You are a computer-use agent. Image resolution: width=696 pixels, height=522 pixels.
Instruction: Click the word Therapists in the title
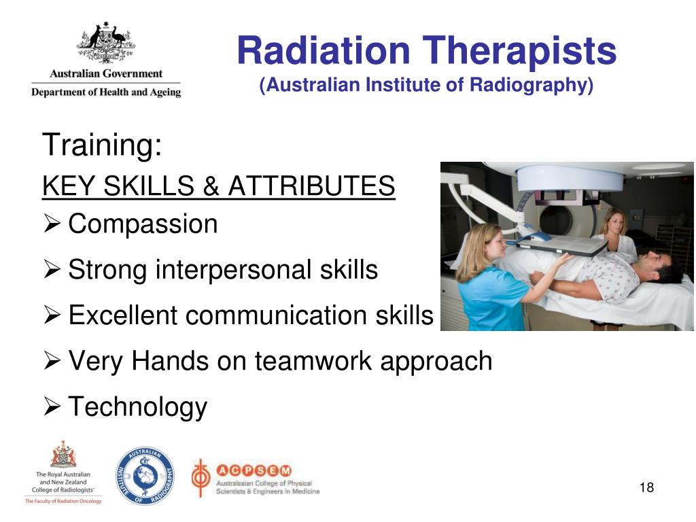point(519,51)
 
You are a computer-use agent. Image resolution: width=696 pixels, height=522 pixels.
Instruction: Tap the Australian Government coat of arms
point(105,43)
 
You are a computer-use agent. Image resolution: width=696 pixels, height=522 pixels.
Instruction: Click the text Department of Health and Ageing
point(105,92)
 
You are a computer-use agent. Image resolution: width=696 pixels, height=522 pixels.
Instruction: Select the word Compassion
point(143,224)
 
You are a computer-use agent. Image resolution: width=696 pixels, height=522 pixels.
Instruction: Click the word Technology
point(138,406)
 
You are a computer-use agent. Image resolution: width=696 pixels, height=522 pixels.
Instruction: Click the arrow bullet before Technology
point(53,408)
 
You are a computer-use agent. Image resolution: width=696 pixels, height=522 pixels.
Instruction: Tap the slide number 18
point(646,487)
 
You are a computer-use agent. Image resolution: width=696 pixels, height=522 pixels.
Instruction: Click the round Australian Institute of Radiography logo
point(144,476)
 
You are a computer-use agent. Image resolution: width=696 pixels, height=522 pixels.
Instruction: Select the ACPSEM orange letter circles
point(254,470)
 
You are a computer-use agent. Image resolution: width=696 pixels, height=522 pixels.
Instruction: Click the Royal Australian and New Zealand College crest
point(63,454)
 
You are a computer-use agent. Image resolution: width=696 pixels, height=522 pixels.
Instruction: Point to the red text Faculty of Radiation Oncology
point(63,502)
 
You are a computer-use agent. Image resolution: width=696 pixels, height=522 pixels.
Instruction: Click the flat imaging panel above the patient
point(561,245)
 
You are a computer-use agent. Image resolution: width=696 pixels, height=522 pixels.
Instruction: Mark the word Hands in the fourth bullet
point(171,361)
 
